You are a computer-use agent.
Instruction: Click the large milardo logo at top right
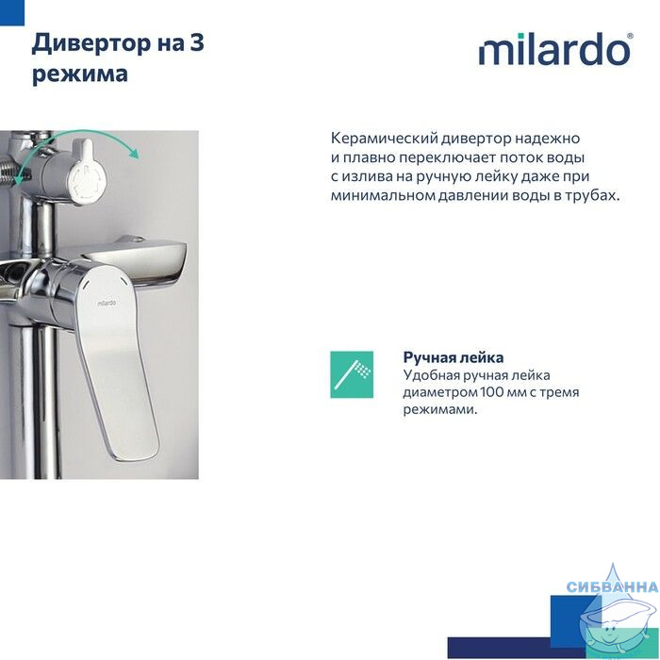coord(555,49)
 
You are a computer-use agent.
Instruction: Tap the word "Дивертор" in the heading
coord(91,43)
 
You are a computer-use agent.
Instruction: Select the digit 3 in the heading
coord(197,43)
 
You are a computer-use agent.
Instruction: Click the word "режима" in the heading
coord(80,74)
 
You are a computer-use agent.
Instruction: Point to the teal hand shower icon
coord(352,374)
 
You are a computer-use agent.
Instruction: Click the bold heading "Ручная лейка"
coord(454,357)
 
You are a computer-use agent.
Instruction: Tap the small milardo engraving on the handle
coord(107,303)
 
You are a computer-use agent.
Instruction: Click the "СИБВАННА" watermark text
coord(613,586)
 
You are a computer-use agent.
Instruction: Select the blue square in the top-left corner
coord(12,12)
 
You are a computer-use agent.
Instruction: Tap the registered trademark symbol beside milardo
coord(630,36)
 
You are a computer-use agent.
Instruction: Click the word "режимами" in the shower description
coord(440,409)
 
